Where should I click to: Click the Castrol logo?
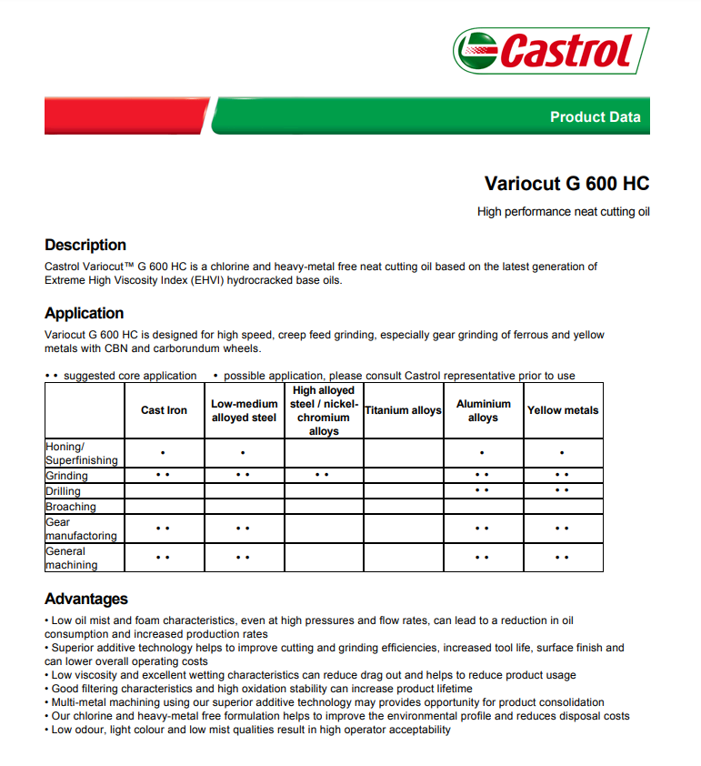[x=551, y=50]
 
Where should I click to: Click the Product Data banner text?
[x=595, y=116]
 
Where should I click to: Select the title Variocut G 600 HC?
[x=566, y=183]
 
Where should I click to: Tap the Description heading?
[x=85, y=245]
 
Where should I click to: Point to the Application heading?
[x=85, y=313]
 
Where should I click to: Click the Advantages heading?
[x=86, y=599]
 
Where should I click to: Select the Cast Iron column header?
[x=165, y=410]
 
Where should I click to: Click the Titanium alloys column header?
[x=403, y=410]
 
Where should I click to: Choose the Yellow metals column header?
[x=563, y=410]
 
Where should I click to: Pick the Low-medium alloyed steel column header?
[x=245, y=410]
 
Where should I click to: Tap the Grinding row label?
[x=67, y=476]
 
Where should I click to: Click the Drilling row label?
[x=64, y=491]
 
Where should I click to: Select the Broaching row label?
[x=71, y=507]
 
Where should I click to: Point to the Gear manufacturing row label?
[x=81, y=529]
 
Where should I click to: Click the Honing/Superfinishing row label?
[x=81, y=453]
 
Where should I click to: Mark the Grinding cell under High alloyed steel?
[x=324, y=475]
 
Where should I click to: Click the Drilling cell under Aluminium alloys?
[x=483, y=490]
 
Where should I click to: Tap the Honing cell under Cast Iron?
[x=164, y=453]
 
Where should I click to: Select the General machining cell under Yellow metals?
[x=563, y=558]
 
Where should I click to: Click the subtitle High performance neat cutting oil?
[x=563, y=212]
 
